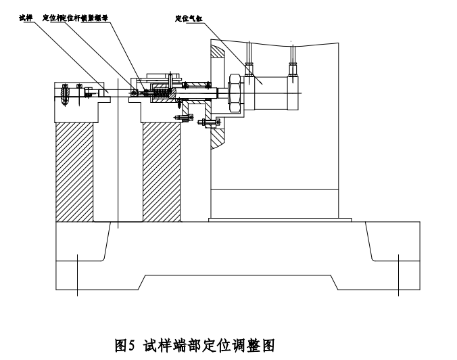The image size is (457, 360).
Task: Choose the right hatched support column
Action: pyautogui.click(x=162, y=171)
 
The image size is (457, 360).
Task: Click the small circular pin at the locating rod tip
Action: pyautogui.click(x=134, y=92)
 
